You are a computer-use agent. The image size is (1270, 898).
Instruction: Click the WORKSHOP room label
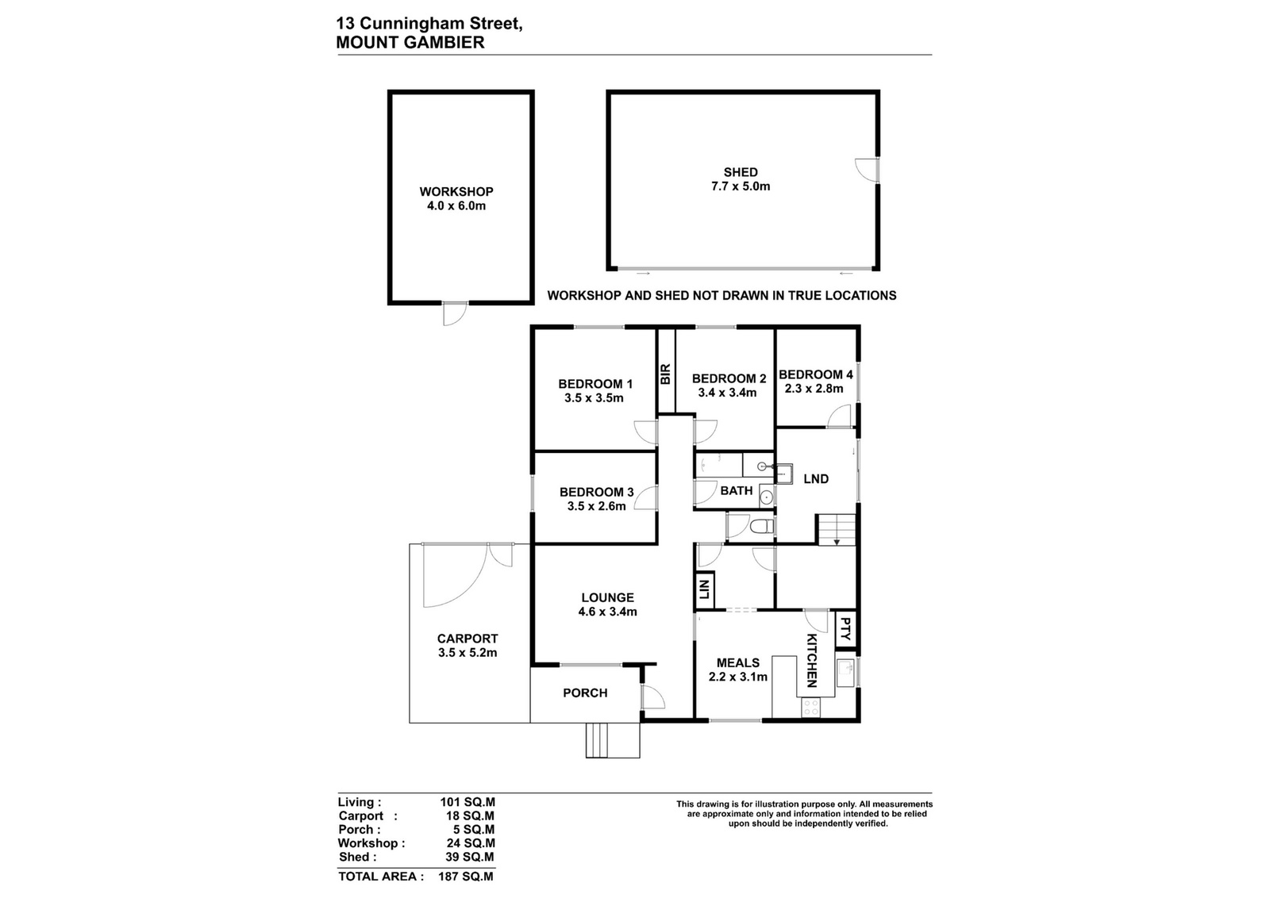456,191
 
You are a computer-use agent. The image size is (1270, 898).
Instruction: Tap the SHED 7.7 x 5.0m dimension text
741,186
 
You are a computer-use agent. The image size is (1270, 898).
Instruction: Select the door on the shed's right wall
868,170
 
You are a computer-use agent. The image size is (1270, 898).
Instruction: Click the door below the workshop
455,314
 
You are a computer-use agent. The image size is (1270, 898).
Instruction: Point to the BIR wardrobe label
666,374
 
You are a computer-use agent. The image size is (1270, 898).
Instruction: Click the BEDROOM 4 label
815,374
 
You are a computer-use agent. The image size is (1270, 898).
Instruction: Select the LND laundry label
816,478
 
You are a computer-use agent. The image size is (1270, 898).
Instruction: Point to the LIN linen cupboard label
704,589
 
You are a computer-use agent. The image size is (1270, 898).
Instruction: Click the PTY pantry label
845,629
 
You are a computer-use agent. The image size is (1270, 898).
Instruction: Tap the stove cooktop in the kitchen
810,708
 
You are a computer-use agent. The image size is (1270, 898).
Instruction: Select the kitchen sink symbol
845,673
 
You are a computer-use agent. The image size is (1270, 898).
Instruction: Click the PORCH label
585,693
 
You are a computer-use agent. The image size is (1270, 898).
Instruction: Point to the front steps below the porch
612,740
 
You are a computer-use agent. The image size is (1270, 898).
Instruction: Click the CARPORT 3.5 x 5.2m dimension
468,653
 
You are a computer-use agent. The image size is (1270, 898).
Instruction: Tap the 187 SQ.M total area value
465,877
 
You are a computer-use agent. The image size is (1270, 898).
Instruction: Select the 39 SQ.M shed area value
469,857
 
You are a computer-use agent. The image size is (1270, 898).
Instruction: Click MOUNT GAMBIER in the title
410,43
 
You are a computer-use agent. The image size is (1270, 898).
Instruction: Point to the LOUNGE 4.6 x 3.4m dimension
607,612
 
